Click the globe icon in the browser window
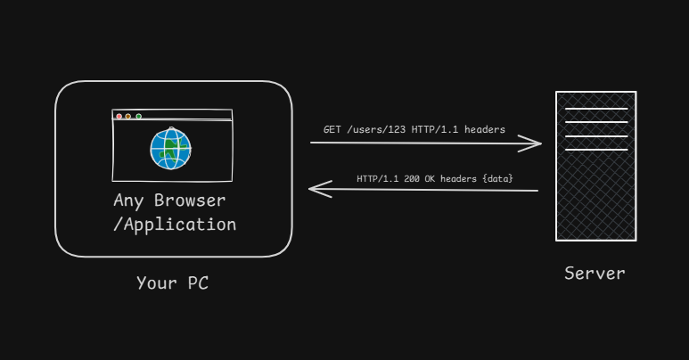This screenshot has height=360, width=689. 170,148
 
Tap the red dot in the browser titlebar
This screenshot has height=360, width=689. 119,116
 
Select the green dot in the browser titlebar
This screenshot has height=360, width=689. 139,116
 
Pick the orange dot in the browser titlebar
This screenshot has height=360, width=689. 128,116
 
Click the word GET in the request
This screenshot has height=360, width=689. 332,130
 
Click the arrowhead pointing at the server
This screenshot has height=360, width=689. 535,143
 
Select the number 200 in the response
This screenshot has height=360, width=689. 412,179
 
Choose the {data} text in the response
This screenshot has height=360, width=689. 497,179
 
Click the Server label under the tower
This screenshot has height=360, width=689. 595,273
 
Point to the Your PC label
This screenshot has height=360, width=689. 172,283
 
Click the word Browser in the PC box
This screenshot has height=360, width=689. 190,200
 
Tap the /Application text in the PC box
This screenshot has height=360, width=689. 175,224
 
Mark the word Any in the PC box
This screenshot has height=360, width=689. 128,200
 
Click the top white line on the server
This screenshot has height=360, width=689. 595,109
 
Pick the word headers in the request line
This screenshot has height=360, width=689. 484,130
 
